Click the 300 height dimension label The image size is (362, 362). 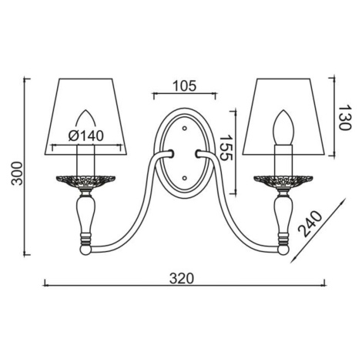click(18, 173)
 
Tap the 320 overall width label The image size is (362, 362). click(181, 278)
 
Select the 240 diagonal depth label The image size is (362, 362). click(310, 223)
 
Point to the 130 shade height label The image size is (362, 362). click(344, 117)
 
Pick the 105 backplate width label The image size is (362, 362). click(184, 86)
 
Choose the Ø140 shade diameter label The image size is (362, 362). click(86, 136)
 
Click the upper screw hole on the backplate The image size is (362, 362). click(184, 128)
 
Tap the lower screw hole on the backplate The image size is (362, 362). click(184, 178)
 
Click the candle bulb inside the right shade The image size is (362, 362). click(283, 128)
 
